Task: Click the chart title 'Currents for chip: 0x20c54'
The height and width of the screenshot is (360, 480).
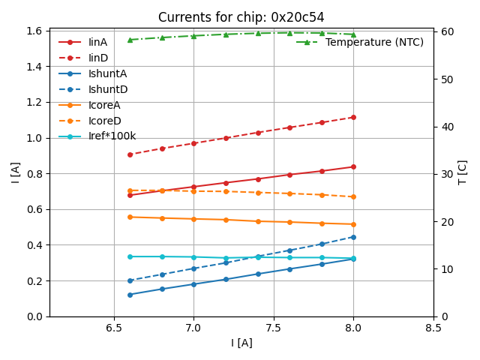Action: pos(241,17)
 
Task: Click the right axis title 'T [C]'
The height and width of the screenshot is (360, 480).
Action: pos(462,172)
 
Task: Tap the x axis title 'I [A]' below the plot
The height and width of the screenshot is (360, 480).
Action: pos(241,343)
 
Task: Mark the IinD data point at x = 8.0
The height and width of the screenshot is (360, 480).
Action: pos(353,117)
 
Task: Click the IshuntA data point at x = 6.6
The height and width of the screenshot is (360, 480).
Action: pos(130,295)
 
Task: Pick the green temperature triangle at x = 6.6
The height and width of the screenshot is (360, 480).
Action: pos(130,40)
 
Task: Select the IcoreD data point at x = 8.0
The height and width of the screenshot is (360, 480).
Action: pos(353,196)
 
